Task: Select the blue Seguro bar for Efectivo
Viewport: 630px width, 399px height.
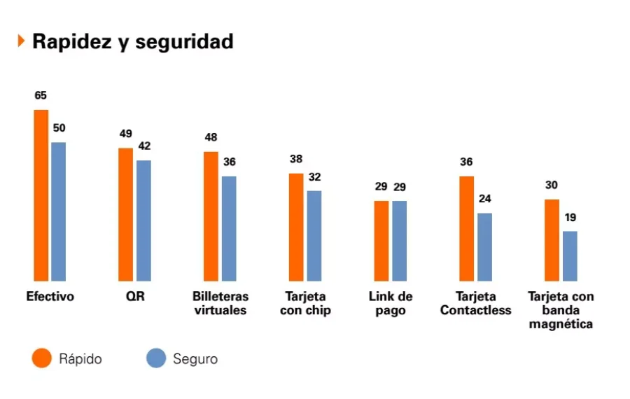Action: (58, 211)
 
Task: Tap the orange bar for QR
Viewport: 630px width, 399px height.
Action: (125, 213)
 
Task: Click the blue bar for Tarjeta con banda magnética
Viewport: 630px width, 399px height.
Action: (570, 255)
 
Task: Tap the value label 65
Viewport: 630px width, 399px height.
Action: (41, 95)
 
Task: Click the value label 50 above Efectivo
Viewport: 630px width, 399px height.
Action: (59, 128)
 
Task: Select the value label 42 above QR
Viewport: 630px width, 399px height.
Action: (144, 146)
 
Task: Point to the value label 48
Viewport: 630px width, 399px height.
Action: (211, 137)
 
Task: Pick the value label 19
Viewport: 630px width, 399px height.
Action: (570, 217)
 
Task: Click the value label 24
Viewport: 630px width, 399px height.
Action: (485, 199)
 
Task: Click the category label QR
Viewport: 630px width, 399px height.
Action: (135, 297)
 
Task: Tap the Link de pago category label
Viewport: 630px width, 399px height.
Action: (391, 303)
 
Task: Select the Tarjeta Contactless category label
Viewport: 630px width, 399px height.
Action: (476, 303)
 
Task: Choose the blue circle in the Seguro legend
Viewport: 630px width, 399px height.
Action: (155, 358)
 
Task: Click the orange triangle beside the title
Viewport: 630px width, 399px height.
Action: (21, 41)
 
